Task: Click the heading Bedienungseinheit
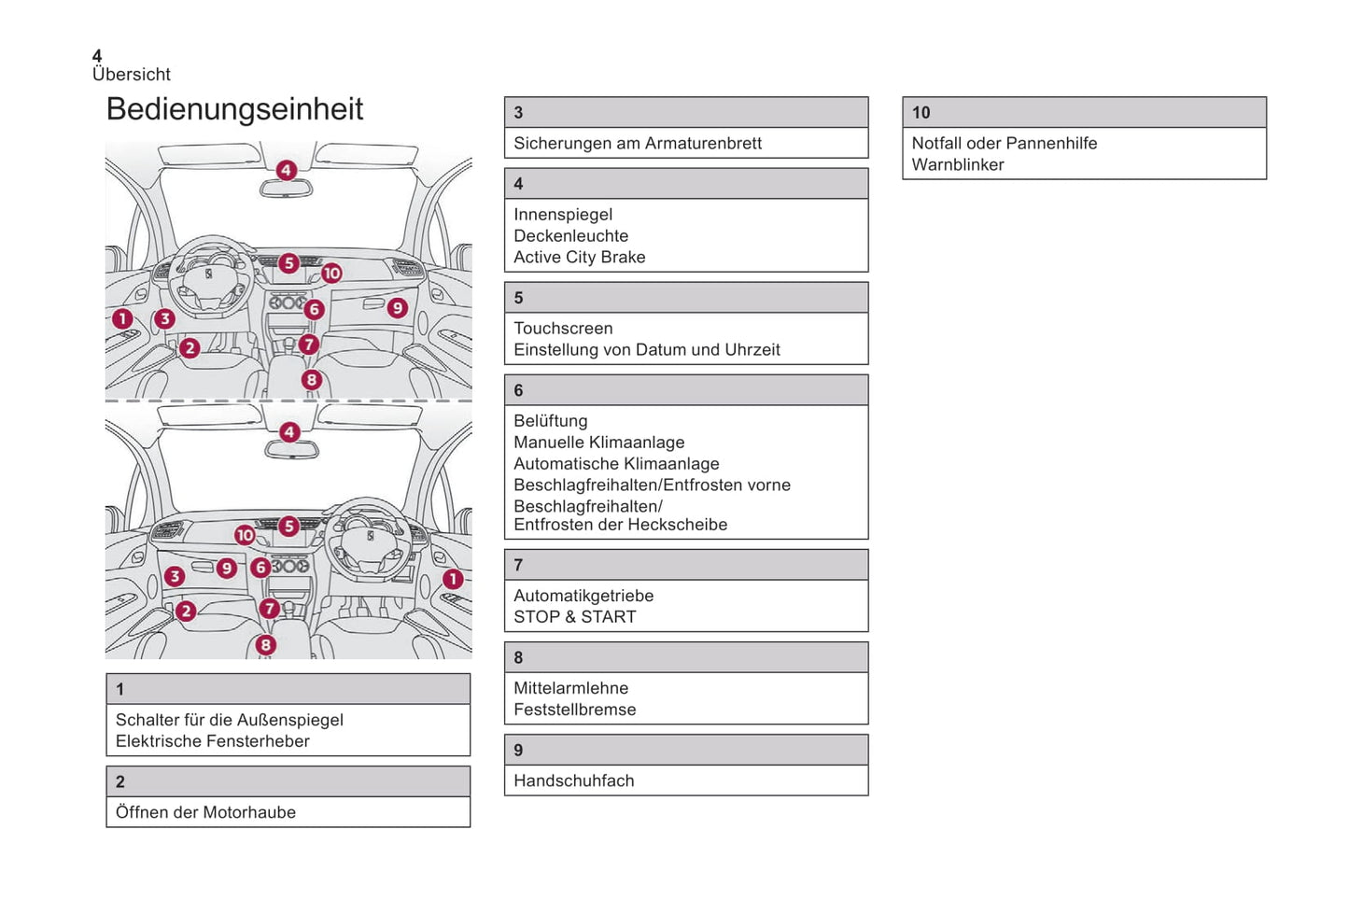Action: [x=234, y=109]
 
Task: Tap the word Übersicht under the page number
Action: [x=132, y=75]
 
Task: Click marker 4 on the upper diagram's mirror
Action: [x=287, y=170]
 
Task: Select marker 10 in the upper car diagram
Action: [x=331, y=274]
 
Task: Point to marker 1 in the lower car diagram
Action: [x=453, y=579]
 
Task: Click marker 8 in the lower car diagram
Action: [x=266, y=644]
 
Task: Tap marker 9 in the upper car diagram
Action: [x=398, y=307]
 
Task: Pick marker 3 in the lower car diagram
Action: [x=175, y=576]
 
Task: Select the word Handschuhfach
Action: [x=573, y=780]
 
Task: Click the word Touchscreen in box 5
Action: [x=563, y=329]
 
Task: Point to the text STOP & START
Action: [x=574, y=617]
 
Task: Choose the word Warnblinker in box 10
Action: [x=957, y=165]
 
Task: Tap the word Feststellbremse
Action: [x=574, y=710]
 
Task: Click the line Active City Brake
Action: [x=579, y=258]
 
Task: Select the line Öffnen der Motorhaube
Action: [x=205, y=812]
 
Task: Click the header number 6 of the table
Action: [x=518, y=390]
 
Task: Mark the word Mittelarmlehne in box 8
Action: [x=570, y=688]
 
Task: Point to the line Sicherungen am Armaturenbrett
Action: [x=637, y=144]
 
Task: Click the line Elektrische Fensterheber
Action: [x=212, y=741]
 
